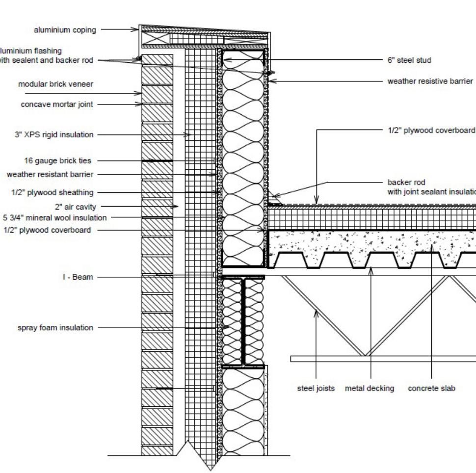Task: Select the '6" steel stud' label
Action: click(x=409, y=60)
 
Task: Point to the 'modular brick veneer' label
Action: click(x=55, y=84)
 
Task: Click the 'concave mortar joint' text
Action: click(x=57, y=105)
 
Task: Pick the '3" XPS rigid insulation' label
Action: click(x=54, y=135)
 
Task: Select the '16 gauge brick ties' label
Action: click(x=57, y=160)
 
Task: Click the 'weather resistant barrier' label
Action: click(x=50, y=174)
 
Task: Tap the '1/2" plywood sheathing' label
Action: click(x=53, y=192)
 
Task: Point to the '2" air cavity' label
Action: click(x=76, y=207)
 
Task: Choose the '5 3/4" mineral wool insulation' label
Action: click(x=54, y=218)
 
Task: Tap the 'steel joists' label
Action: click(x=316, y=389)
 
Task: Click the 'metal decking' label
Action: click(x=370, y=389)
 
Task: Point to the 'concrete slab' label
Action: click(x=432, y=389)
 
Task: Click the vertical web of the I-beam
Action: click(x=243, y=321)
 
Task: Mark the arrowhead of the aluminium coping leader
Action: click(x=137, y=29)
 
